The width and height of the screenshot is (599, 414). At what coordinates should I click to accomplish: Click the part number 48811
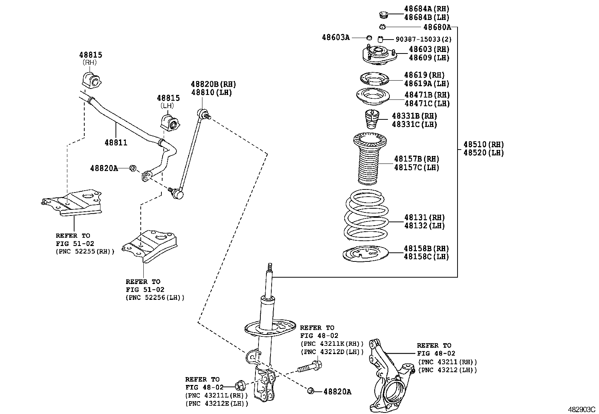coord(116,143)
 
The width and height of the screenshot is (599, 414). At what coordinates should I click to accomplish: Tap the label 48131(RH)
coord(424,217)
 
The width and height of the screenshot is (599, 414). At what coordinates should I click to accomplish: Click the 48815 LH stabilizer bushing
coord(170,121)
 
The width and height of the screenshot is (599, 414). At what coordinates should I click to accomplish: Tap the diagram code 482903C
coord(582,409)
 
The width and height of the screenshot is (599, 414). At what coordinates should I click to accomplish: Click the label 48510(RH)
coord(483,144)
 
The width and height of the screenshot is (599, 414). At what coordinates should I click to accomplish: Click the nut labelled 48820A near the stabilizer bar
coord(132,168)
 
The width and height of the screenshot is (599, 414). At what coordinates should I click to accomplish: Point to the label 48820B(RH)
coord(213,84)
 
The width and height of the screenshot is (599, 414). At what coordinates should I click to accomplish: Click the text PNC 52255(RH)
coord(85,251)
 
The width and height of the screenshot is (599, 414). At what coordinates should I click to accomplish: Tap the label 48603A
coord(336,37)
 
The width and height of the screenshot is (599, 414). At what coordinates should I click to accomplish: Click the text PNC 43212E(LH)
coord(217,403)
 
